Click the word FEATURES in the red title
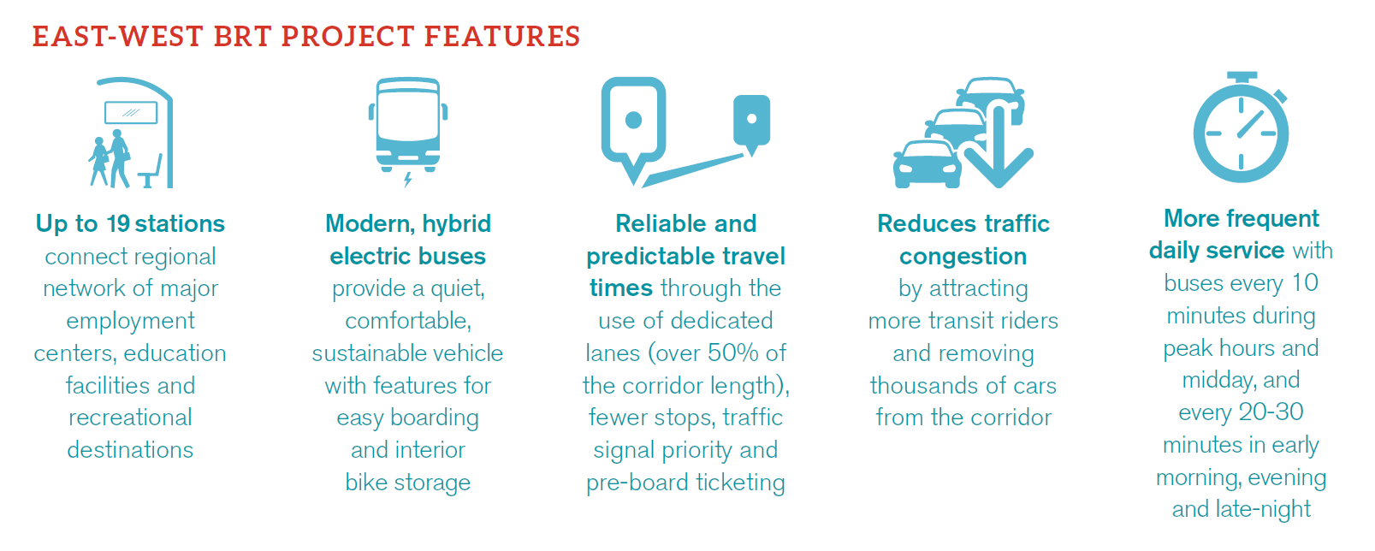[501, 36]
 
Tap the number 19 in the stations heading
[118, 224]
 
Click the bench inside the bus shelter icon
[151, 172]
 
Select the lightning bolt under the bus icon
[407, 179]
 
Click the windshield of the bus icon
[407, 116]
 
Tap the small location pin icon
[751, 125]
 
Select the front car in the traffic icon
[927, 163]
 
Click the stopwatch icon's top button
[1242, 77]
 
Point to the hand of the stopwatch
[1250, 123]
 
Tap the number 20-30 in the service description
[1271, 412]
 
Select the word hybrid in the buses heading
[456, 224]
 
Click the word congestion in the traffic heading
[963, 257]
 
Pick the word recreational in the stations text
[130, 418]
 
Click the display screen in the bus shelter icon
[131, 113]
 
